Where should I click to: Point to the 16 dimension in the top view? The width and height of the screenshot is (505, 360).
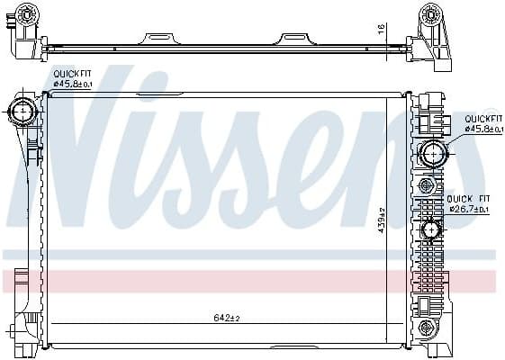(x=382, y=29)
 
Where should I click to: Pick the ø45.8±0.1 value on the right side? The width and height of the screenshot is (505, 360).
(x=482, y=129)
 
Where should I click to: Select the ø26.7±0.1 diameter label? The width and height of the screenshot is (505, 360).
(x=469, y=209)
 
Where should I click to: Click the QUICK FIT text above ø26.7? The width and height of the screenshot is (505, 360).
(x=468, y=199)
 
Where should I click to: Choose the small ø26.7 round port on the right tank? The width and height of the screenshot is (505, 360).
(x=430, y=231)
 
